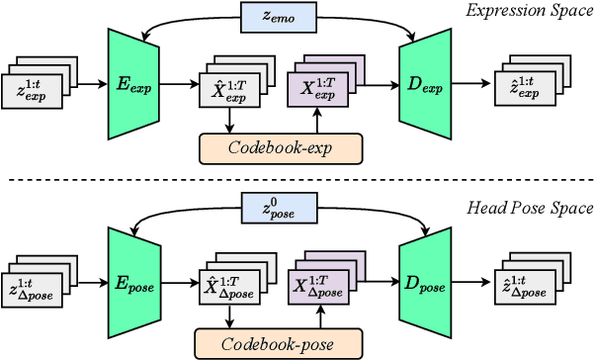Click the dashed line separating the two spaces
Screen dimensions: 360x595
(297, 180)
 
